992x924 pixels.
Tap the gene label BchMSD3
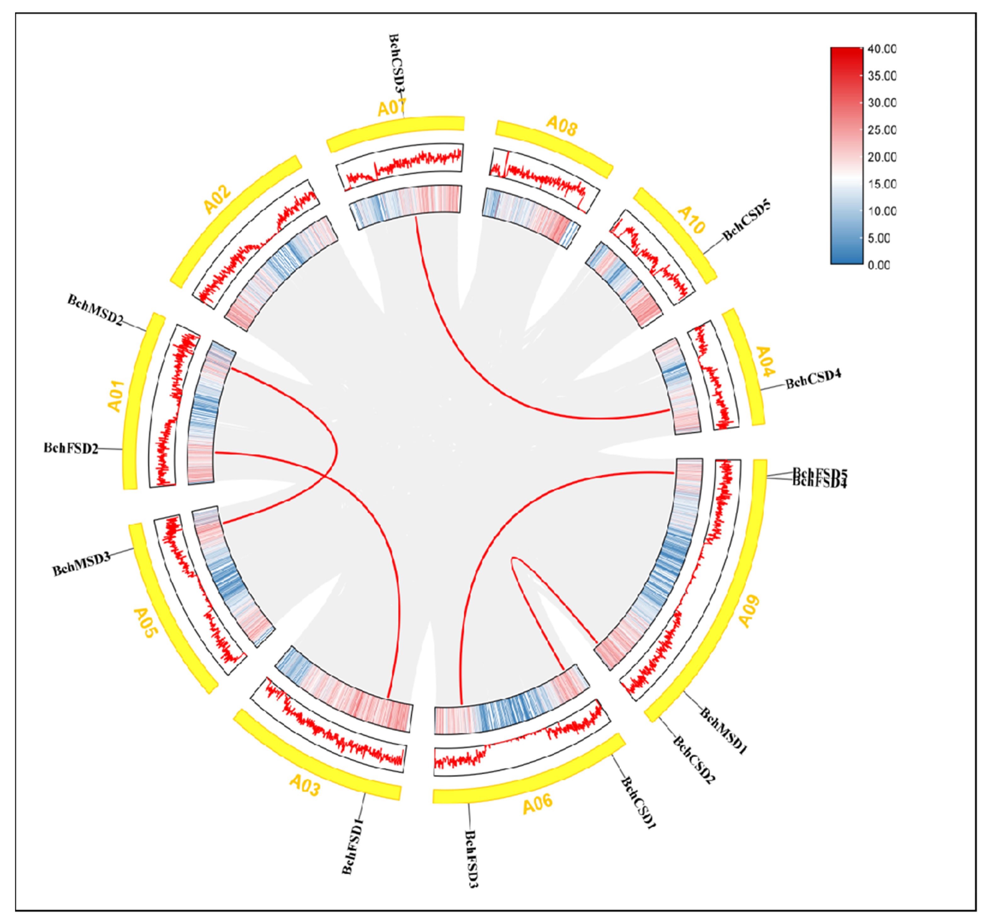point(81,564)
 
